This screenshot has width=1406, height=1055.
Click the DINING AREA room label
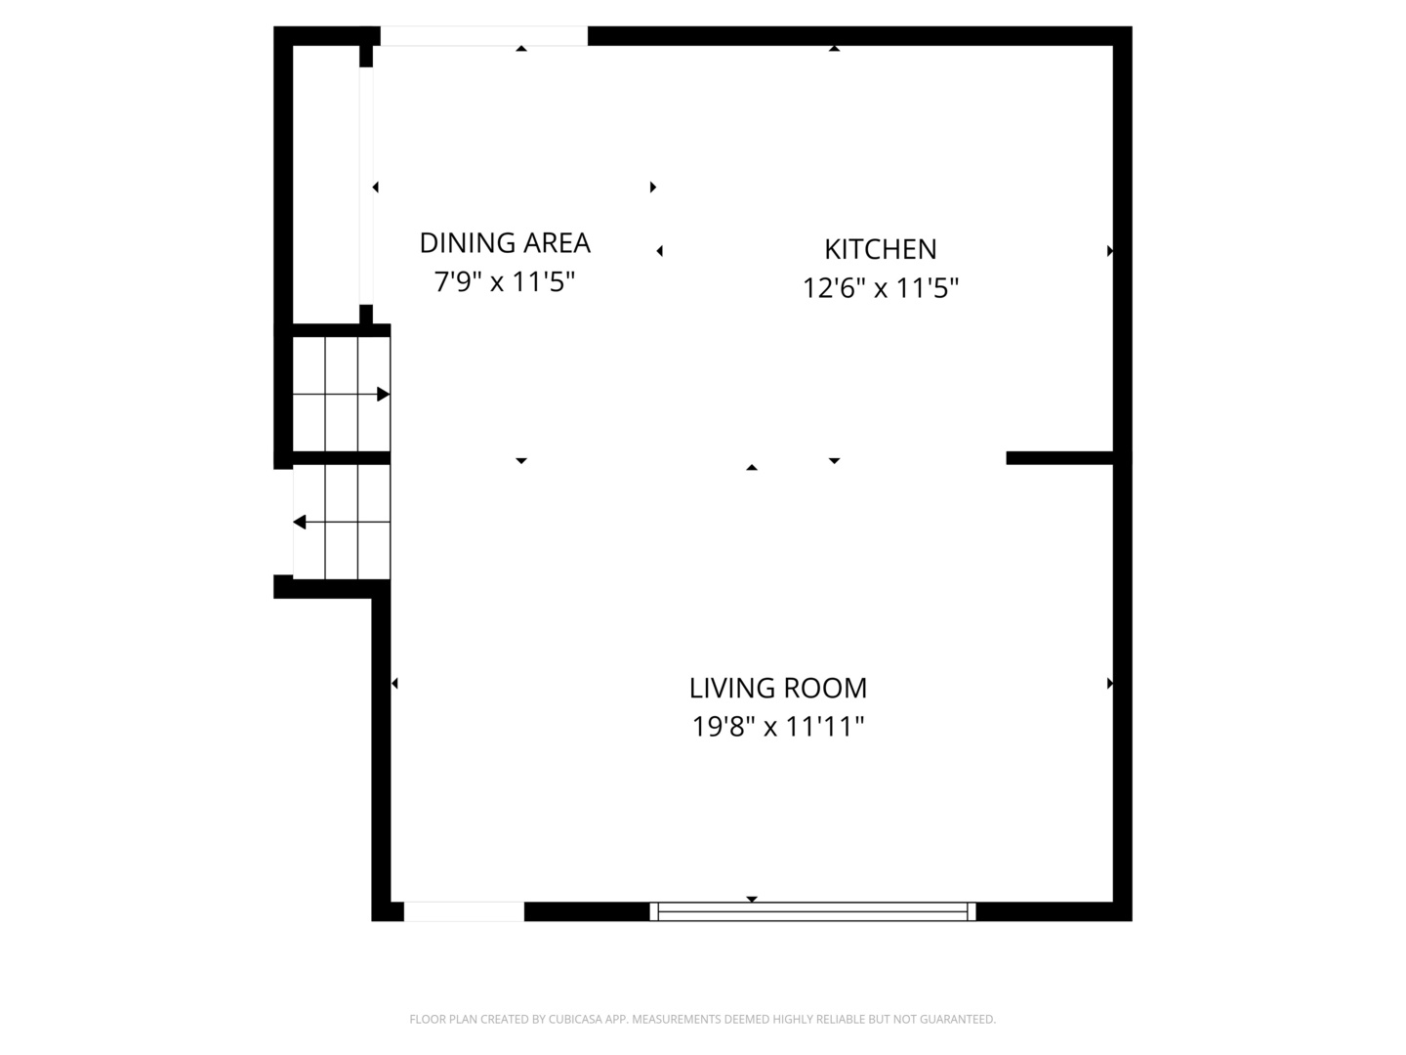click(x=505, y=242)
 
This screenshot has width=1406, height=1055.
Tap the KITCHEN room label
click(x=881, y=249)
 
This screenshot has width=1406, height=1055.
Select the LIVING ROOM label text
click(x=778, y=688)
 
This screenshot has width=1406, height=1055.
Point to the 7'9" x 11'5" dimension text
click(x=505, y=282)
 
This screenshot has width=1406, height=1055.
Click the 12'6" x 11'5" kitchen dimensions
click(x=881, y=288)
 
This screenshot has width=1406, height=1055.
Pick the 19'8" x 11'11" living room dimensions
click(x=778, y=727)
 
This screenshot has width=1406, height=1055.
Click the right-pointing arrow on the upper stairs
click(x=383, y=395)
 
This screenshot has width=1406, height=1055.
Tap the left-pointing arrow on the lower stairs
click(x=300, y=523)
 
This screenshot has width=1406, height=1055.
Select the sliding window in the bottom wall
click(x=812, y=911)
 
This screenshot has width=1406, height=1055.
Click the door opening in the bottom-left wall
click(x=464, y=911)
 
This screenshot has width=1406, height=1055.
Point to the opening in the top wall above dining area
click(x=483, y=36)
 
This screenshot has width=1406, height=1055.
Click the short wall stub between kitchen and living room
click(x=1059, y=458)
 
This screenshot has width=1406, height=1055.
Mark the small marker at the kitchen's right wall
click(x=1109, y=251)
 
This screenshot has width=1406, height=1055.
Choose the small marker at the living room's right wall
click(x=1109, y=684)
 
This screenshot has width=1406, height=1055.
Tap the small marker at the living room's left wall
click(x=394, y=684)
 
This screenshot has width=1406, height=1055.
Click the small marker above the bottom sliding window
click(x=752, y=899)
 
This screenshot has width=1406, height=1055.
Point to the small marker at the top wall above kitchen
click(x=834, y=48)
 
